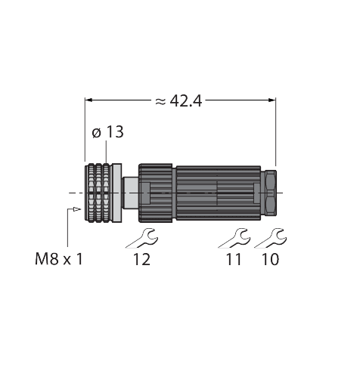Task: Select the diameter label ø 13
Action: tap(107, 133)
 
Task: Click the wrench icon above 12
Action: tap(141, 239)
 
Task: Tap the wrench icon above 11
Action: tap(233, 239)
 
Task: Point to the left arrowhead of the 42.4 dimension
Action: tap(89, 100)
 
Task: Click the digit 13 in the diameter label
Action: tap(116, 133)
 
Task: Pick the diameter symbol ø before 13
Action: tap(96, 134)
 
